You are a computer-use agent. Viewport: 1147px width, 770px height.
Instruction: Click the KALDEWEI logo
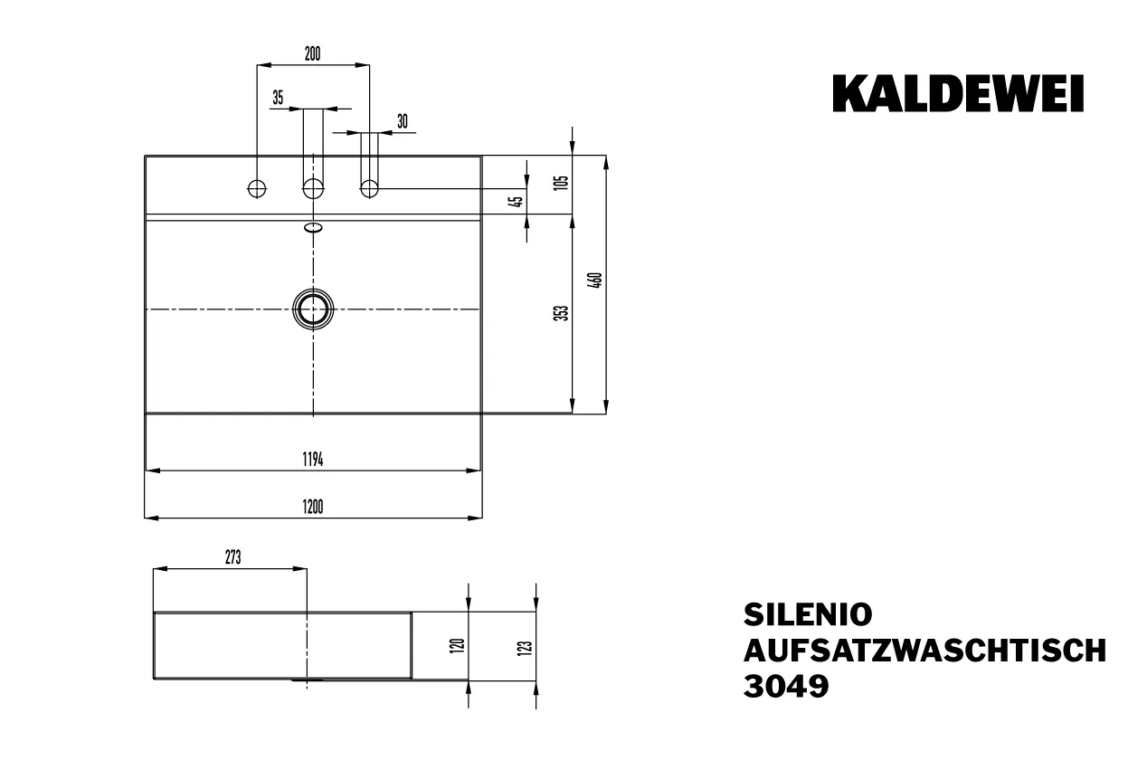tap(958, 94)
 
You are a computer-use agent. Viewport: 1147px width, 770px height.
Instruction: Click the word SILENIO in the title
tap(808, 614)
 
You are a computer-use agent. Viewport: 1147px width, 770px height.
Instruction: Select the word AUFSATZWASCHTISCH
tap(924, 651)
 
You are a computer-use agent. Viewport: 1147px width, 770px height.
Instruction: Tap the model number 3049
tap(785, 687)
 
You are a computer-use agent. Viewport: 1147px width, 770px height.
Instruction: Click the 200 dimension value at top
tap(311, 53)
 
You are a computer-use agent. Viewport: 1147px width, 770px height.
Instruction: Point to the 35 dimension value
tap(278, 98)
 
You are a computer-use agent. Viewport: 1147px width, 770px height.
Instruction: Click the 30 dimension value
tap(403, 121)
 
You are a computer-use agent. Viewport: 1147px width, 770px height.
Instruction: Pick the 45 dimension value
tap(517, 202)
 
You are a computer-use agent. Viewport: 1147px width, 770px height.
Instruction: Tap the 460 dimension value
tap(594, 280)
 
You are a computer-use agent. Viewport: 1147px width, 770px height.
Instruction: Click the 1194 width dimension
tap(313, 459)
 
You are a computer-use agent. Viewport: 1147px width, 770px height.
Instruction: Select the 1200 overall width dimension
tap(313, 507)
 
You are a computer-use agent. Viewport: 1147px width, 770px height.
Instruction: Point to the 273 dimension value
tap(232, 558)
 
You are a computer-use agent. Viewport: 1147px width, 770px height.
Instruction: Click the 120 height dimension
tap(458, 645)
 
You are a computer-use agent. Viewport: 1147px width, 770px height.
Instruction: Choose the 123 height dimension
tap(526, 646)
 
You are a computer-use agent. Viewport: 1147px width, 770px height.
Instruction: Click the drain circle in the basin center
tap(313, 309)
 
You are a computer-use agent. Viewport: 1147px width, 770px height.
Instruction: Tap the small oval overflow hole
tap(313, 227)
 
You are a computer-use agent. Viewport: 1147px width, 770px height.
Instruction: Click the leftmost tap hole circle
tap(257, 188)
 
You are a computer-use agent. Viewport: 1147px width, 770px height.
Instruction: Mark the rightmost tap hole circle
tap(369, 188)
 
